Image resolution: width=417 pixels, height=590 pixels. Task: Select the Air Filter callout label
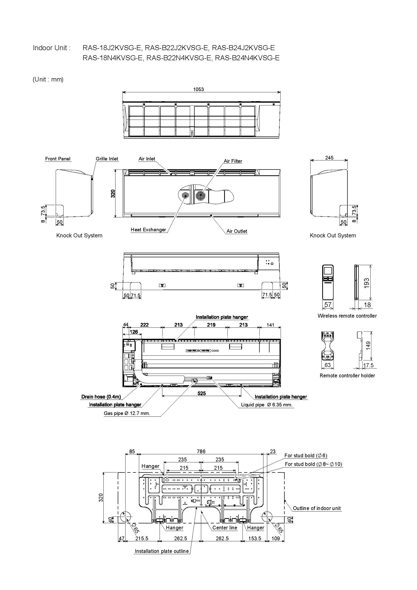[x=233, y=161]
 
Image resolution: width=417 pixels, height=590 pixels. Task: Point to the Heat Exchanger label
[x=148, y=230]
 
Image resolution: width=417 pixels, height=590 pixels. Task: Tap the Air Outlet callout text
[x=237, y=231]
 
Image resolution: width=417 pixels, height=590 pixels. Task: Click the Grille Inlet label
[x=107, y=159]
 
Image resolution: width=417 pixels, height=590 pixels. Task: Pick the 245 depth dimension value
[x=329, y=157]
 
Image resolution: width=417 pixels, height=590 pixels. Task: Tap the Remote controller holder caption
[x=347, y=375]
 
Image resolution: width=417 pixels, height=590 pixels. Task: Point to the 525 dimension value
[x=202, y=393]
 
